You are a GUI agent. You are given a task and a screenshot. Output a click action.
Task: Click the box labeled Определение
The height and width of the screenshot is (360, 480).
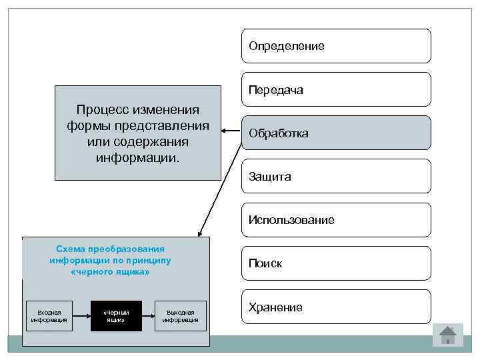[336, 46]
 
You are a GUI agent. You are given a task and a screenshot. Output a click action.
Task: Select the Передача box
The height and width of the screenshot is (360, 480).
[336, 89]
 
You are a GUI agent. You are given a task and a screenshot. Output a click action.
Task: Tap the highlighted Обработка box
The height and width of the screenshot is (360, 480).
[336, 133]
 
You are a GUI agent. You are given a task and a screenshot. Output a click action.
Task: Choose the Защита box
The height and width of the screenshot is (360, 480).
[336, 177]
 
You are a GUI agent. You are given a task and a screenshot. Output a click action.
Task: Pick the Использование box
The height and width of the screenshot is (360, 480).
[336, 220]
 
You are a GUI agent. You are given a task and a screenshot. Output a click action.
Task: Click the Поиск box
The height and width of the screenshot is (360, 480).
[336, 263]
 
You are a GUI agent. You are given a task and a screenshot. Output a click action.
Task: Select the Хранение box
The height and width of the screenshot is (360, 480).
[336, 307]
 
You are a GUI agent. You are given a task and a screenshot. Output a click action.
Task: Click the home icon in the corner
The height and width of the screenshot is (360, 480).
[448, 335]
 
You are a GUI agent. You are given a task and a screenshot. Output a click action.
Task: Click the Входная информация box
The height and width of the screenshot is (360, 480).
[49, 316]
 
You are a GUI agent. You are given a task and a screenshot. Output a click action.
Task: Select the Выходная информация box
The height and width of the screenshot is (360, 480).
[181, 316]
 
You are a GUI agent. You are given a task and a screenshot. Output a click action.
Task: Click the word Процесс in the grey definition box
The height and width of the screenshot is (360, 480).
[103, 109]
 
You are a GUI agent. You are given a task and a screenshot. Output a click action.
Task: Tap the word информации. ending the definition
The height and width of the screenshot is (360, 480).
[137, 159]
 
